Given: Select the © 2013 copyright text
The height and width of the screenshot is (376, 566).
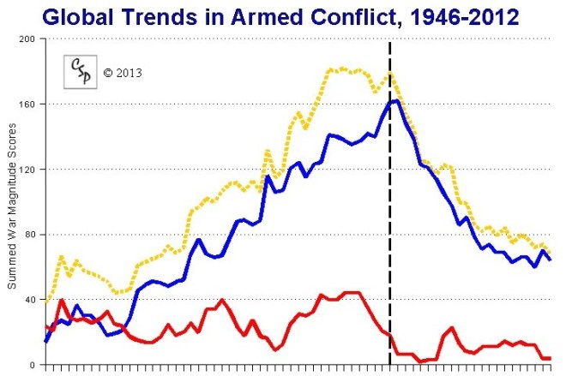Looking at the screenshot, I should coord(123,73).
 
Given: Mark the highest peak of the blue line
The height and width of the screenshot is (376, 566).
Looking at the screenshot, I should coord(395,101).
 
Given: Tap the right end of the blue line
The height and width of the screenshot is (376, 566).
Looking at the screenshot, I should coord(550,260).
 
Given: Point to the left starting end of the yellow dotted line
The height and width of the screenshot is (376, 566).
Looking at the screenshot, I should coord(45,301).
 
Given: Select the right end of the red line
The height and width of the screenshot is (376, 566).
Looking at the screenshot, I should coord(550,358).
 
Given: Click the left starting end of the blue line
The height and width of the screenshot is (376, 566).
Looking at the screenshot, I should coord(45,341).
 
